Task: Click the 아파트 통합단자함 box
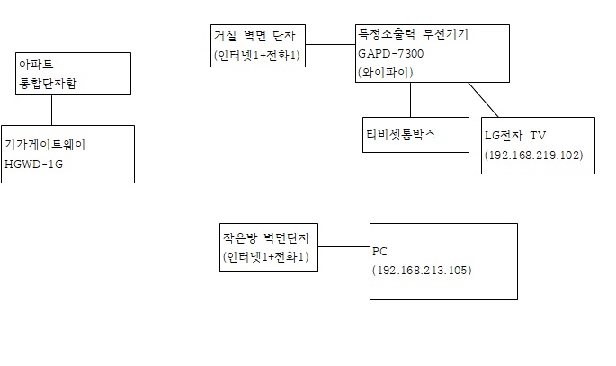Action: click(x=52, y=75)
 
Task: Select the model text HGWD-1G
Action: click(x=33, y=164)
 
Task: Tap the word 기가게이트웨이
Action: click(x=45, y=144)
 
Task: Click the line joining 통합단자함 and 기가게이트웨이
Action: click(x=52, y=110)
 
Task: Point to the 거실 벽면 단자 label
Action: click(x=247, y=36)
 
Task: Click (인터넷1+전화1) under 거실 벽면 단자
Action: click(x=257, y=56)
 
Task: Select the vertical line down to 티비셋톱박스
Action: click(x=411, y=99)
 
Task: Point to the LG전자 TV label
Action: click(x=514, y=136)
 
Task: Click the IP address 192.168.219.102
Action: click(x=534, y=155)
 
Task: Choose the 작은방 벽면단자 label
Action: click(x=265, y=238)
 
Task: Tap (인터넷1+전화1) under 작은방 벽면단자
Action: click(x=265, y=257)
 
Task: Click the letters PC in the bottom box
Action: click(x=379, y=253)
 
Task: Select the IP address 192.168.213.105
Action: click(x=421, y=270)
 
